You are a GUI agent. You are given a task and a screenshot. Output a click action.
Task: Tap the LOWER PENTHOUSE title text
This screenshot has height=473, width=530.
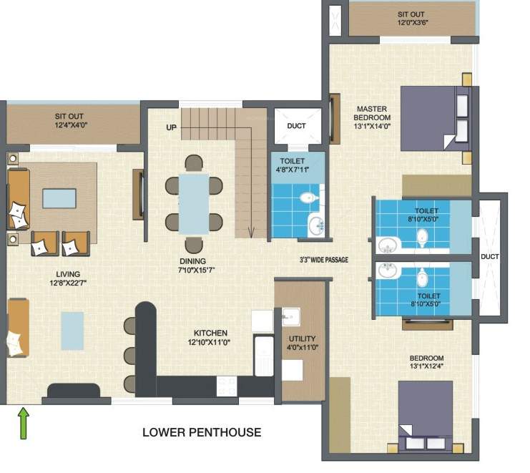pyautogui.click(x=202, y=432)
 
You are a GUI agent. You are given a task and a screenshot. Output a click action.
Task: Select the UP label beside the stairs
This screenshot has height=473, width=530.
pyautogui.click(x=172, y=127)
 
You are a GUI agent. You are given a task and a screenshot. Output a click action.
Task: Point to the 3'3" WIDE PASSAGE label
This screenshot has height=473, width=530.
pyautogui.click(x=323, y=260)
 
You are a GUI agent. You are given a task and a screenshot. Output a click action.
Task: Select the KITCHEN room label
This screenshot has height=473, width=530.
pyautogui.click(x=210, y=333)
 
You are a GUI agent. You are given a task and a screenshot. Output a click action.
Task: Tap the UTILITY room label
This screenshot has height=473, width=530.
pyautogui.click(x=300, y=338)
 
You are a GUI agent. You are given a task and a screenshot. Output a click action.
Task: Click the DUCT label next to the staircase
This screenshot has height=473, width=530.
pyautogui.click(x=296, y=126)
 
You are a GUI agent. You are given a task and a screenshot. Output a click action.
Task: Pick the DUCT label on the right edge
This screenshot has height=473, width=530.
pyautogui.click(x=490, y=257)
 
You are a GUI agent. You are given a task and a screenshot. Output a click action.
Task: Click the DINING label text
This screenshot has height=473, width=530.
pyautogui.click(x=193, y=261)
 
